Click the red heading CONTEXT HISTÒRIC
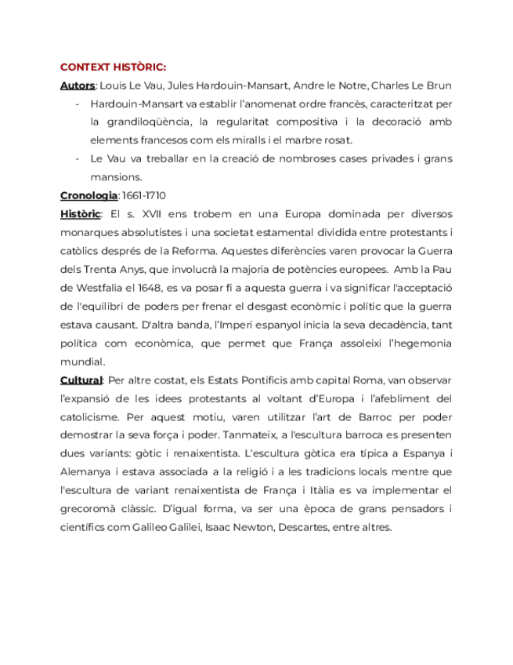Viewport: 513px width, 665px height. pyautogui.click(x=113, y=67)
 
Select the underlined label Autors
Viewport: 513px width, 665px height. pyautogui.click(x=78, y=85)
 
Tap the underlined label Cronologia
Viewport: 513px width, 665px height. pyautogui.click(x=89, y=195)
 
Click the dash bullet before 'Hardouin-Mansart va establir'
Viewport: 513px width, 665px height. pyautogui.click(x=78, y=104)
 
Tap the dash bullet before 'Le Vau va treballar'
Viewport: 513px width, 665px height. pyautogui.click(x=78, y=158)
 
